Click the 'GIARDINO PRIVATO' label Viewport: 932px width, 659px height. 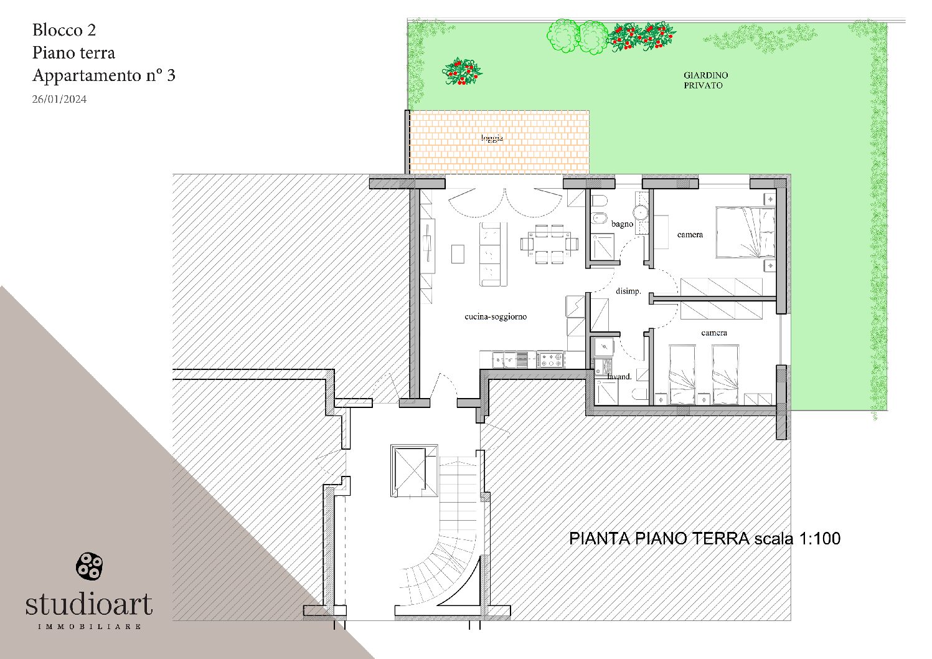pyautogui.click(x=705, y=80)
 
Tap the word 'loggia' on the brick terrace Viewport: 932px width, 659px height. pyautogui.click(x=492, y=138)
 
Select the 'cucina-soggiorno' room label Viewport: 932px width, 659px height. pyautogui.click(x=496, y=316)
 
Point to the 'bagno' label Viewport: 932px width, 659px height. pyautogui.click(x=622, y=224)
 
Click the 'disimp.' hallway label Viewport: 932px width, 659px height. pyautogui.click(x=628, y=291)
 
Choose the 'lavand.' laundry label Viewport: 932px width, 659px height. pyautogui.click(x=619, y=376)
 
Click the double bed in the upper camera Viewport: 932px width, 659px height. pyautogui.click(x=745, y=232)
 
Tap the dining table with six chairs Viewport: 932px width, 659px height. pyautogui.click(x=550, y=244)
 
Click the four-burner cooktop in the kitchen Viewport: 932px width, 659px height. pyautogui.click(x=550, y=359)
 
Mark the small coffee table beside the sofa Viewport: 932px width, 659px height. pyautogui.click(x=458, y=254)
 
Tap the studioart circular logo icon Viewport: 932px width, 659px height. pyautogui.click(x=89, y=566)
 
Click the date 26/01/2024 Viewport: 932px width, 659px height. pyautogui.click(x=59, y=99)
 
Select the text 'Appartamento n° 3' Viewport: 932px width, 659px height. pyautogui.click(x=103, y=75)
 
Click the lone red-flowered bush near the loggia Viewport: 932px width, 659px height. pyautogui.click(x=462, y=72)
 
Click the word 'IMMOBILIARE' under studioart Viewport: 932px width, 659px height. pyautogui.click(x=89, y=626)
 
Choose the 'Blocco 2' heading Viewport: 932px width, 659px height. pyautogui.click(x=64, y=30)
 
